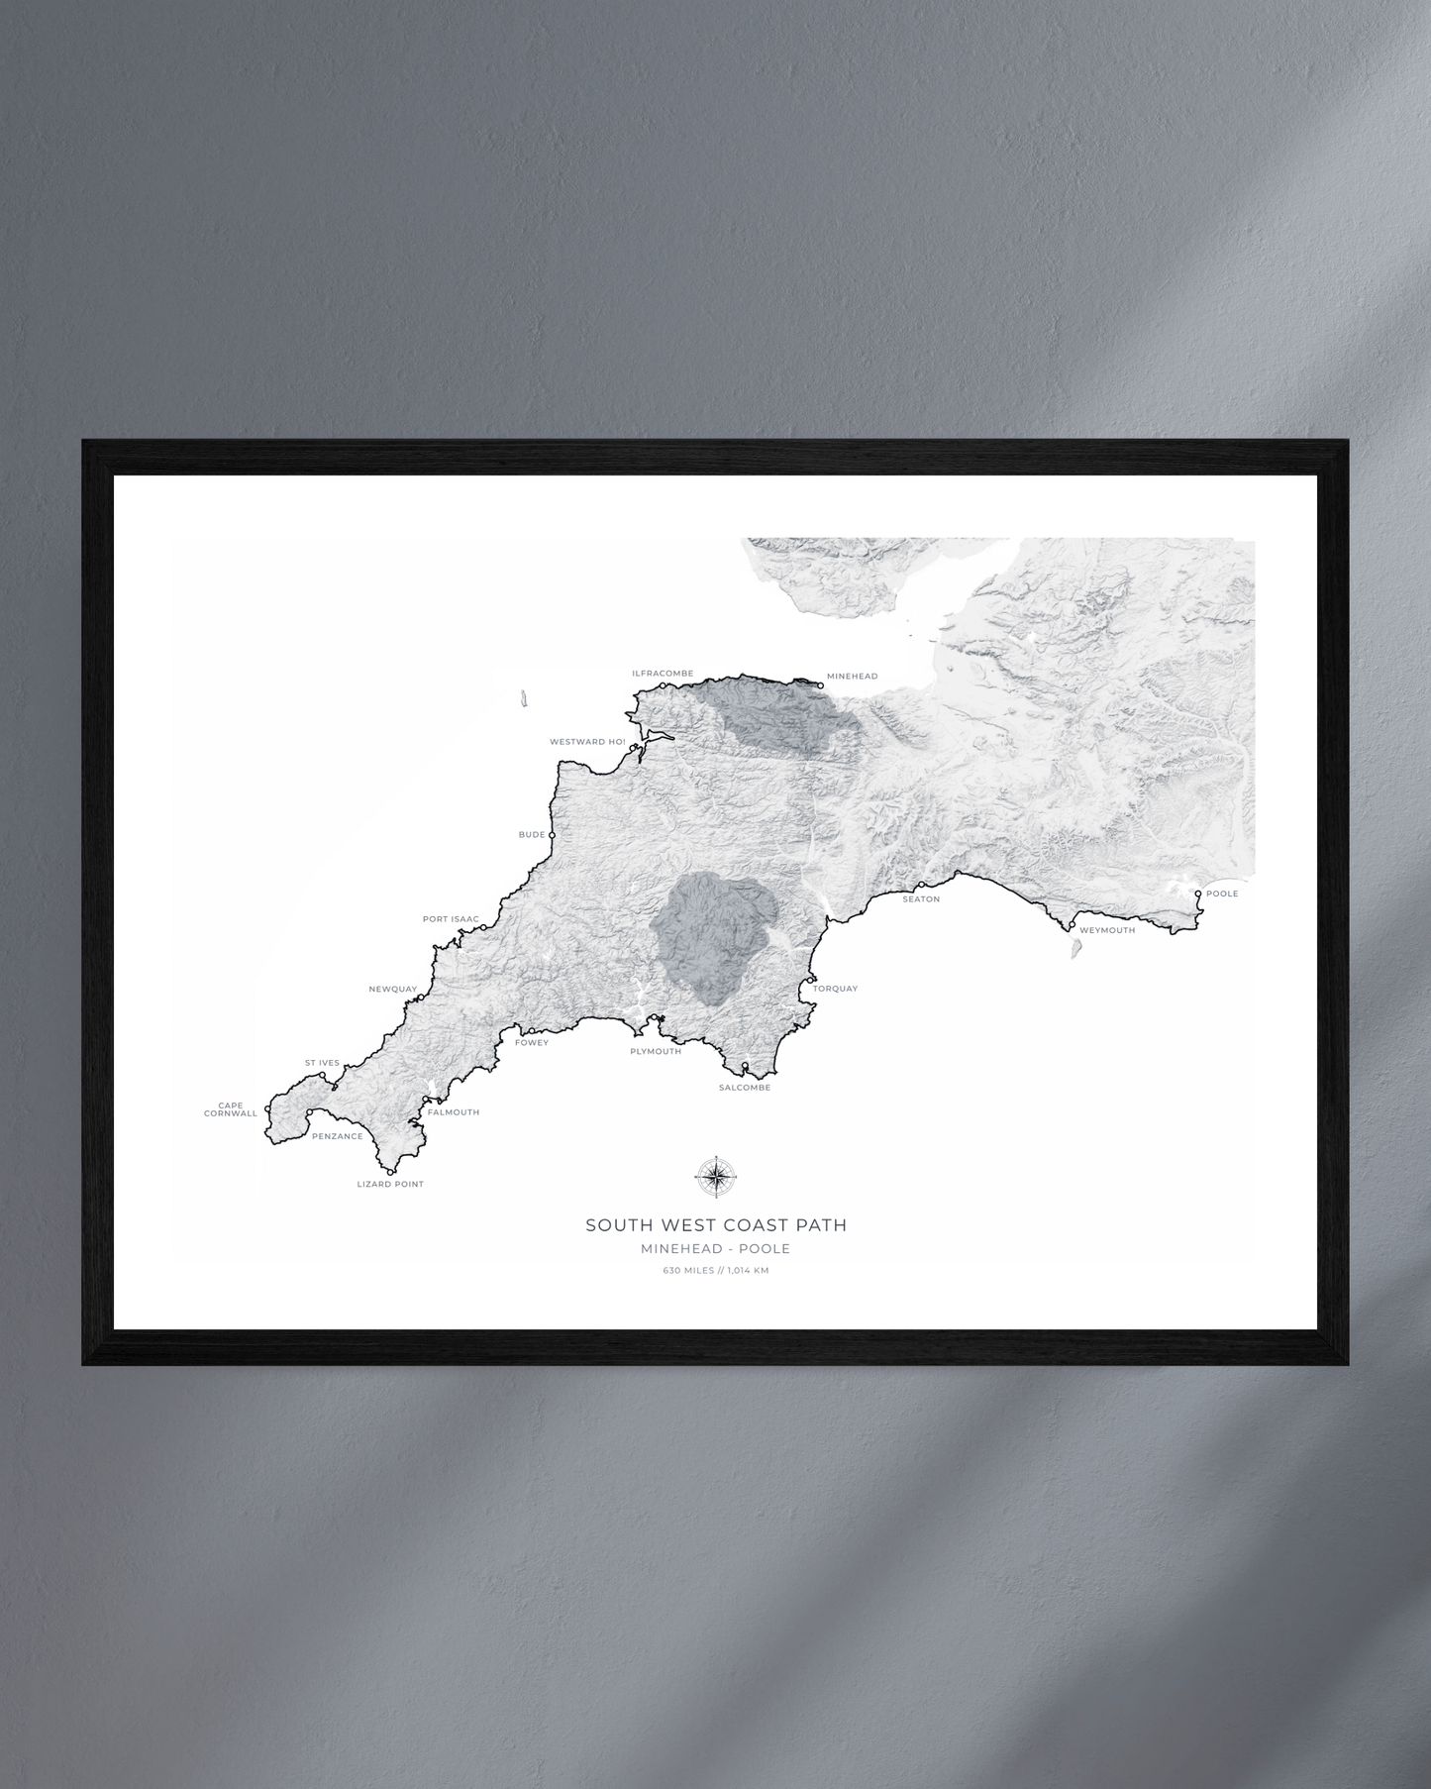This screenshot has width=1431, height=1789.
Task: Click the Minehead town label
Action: click(x=852, y=677)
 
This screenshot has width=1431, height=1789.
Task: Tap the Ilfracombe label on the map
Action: click(x=663, y=674)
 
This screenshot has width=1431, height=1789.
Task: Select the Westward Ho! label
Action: click(x=587, y=742)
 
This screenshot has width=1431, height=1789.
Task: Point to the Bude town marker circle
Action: click(x=553, y=835)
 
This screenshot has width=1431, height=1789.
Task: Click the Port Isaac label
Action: click(x=451, y=919)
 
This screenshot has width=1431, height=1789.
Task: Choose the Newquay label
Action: click(x=393, y=989)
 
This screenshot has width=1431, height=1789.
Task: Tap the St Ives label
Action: click(x=322, y=1063)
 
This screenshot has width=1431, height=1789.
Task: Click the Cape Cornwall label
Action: click(x=231, y=1109)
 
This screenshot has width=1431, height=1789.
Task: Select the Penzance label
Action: click(x=337, y=1136)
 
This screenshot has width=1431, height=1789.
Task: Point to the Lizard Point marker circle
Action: click(x=391, y=1172)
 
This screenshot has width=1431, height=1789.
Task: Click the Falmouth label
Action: click(x=454, y=1112)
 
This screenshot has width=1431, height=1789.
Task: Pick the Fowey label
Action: click(x=532, y=1042)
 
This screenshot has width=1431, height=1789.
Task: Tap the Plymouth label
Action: click(x=656, y=1051)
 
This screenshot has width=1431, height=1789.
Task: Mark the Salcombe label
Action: click(x=745, y=1088)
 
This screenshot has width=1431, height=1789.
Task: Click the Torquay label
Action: click(x=835, y=989)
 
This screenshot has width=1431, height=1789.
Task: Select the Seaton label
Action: click(x=921, y=899)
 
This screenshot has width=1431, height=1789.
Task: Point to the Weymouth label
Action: click(x=1107, y=930)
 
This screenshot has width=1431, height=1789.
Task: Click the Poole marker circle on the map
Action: click(x=1198, y=894)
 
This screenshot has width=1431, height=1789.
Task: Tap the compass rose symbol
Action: click(x=715, y=1177)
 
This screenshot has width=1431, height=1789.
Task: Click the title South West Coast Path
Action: click(x=716, y=1225)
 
